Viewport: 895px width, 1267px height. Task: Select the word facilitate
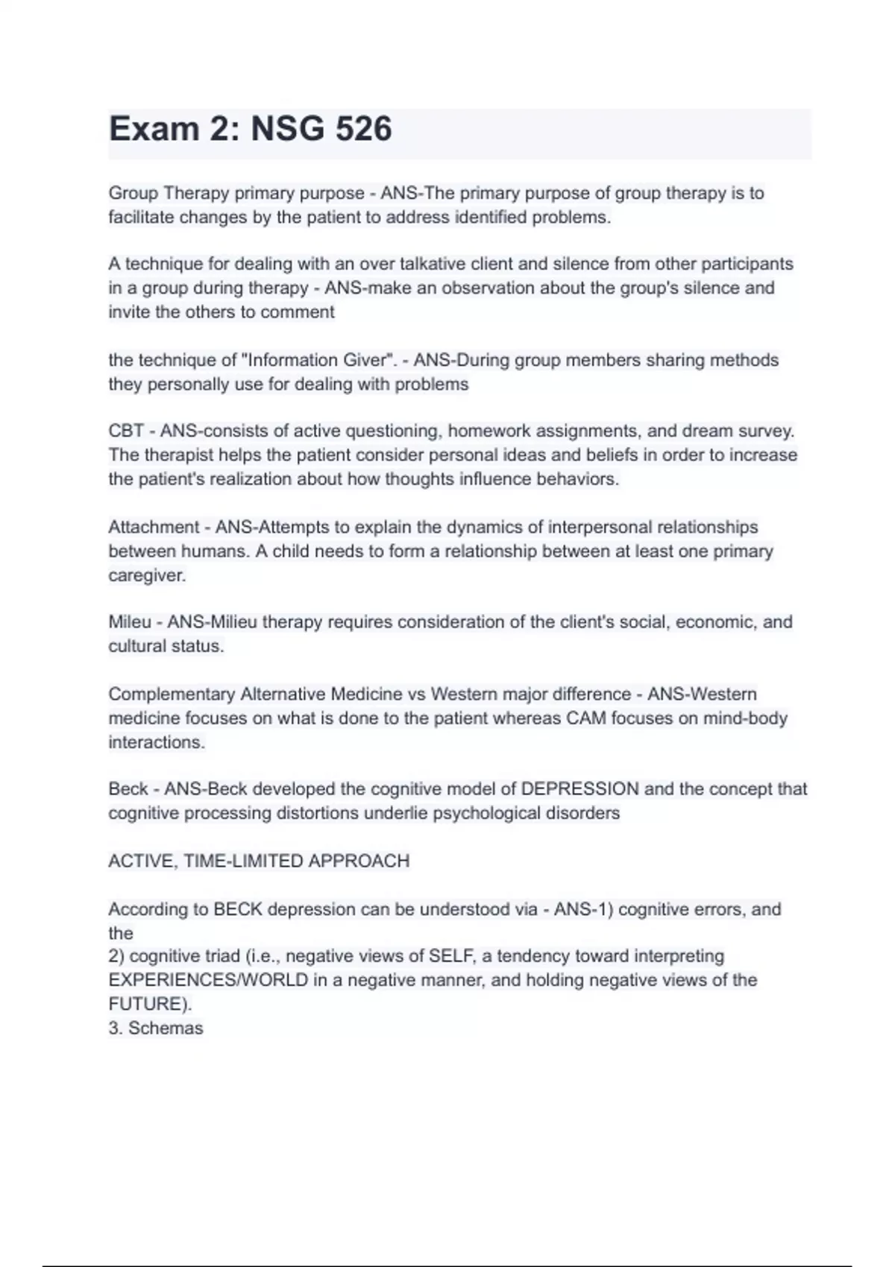pos(141,218)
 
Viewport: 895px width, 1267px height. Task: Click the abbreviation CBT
pos(126,431)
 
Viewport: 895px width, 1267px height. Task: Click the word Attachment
pos(153,527)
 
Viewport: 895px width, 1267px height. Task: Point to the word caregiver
pos(146,575)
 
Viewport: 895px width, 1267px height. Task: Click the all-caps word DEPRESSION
pos(580,789)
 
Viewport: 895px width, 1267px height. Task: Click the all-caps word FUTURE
pos(148,1004)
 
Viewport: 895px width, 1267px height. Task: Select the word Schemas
pos(166,1029)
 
